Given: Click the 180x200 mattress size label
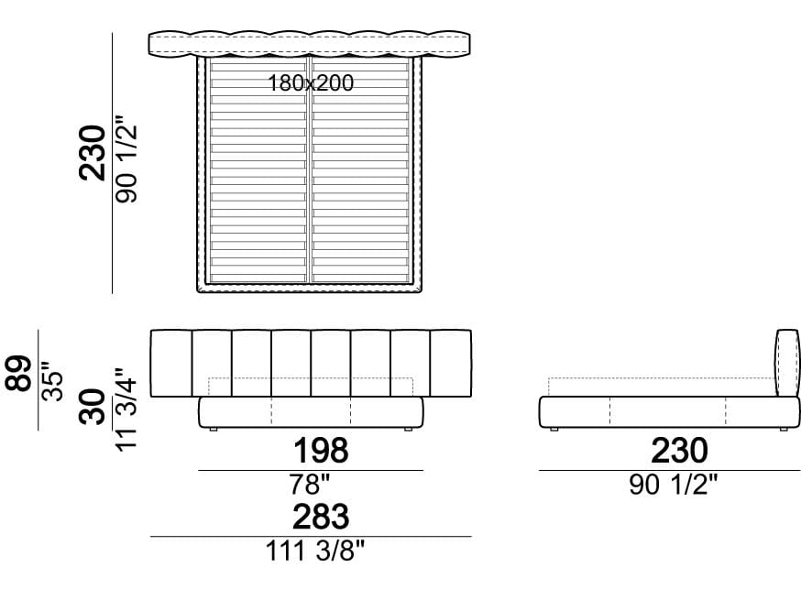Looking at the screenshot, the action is click(x=311, y=82).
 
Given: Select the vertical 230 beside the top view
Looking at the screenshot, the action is click(x=93, y=153).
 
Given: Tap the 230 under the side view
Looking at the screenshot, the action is click(x=679, y=451).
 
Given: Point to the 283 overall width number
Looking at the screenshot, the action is click(x=321, y=517).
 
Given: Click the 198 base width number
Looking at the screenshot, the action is click(x=321, y=451).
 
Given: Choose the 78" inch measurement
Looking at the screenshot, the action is click(x=310, y=484).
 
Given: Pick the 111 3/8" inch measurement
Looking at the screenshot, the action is click(x=315, y=551).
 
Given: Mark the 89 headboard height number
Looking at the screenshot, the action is click(x=19, y=373).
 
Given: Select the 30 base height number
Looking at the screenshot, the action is click(x=93, y=407).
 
